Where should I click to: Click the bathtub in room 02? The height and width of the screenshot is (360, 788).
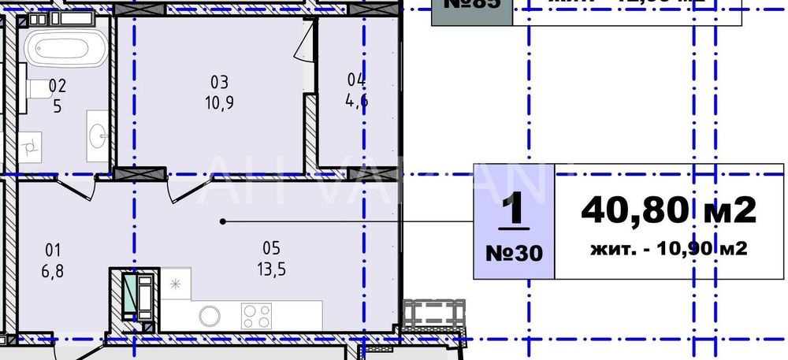click(65, 48)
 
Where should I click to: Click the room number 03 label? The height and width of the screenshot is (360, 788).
click(218, 82)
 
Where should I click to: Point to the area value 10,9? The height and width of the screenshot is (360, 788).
click(218, 103)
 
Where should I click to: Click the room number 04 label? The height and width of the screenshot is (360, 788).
click(356, 79)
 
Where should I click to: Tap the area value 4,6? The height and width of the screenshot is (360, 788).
click(356, 101)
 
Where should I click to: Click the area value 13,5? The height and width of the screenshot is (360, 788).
click(272, 269)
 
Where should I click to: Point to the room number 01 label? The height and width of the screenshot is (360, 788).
click(53, 251)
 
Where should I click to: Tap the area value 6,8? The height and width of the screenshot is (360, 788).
click(53, 270)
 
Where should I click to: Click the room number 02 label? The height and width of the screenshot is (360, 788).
click(57, 85)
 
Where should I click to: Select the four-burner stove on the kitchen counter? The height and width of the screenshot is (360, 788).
click(256, 316)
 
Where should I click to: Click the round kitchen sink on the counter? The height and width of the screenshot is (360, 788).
click(209, 316)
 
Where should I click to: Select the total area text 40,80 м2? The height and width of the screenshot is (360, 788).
click(668, 210)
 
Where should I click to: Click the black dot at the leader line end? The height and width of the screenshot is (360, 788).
click(223, 221)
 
